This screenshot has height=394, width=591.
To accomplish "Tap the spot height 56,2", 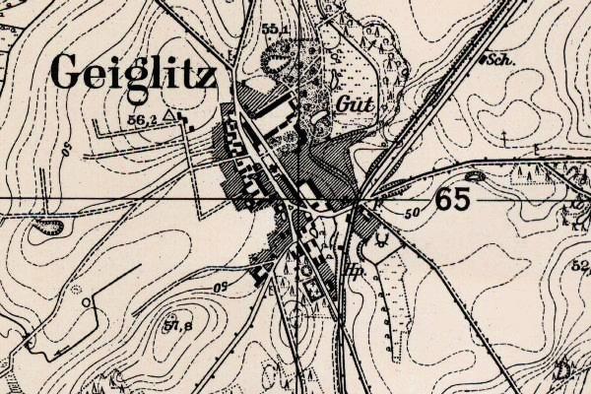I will pos(143,119).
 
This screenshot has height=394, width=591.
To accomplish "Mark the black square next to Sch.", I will pos(484,60).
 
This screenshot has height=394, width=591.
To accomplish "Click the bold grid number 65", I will pos(450,199).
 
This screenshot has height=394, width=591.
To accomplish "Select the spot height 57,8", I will pos(177,325).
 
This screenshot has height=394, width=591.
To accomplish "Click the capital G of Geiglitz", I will pos(67,71).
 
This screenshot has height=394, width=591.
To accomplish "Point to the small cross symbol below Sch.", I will pos(503,131).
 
